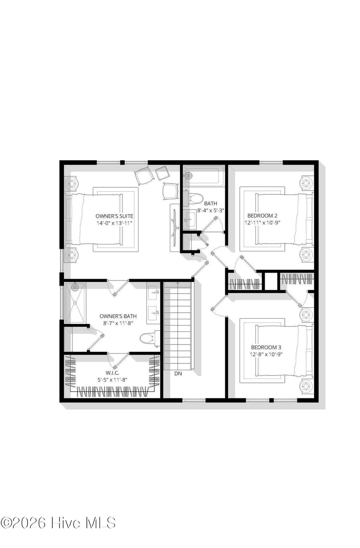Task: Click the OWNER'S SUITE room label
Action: click(x=114, y=216)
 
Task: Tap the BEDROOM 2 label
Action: click(x=262, y=215)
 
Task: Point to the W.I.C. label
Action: click(x=112, y=373)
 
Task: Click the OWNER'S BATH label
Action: click(x=118, y=316)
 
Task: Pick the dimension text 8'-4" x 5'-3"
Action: click(x=211, y=211)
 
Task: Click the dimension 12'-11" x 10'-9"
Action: click(x=262, y=223)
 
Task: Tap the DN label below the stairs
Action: click(x=178, y=374)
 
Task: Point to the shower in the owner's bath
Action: click(x=74, y=302)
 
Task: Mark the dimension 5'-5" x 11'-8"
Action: click(x=112, y=380)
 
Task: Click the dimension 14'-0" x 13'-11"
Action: click(x=114, y=223)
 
